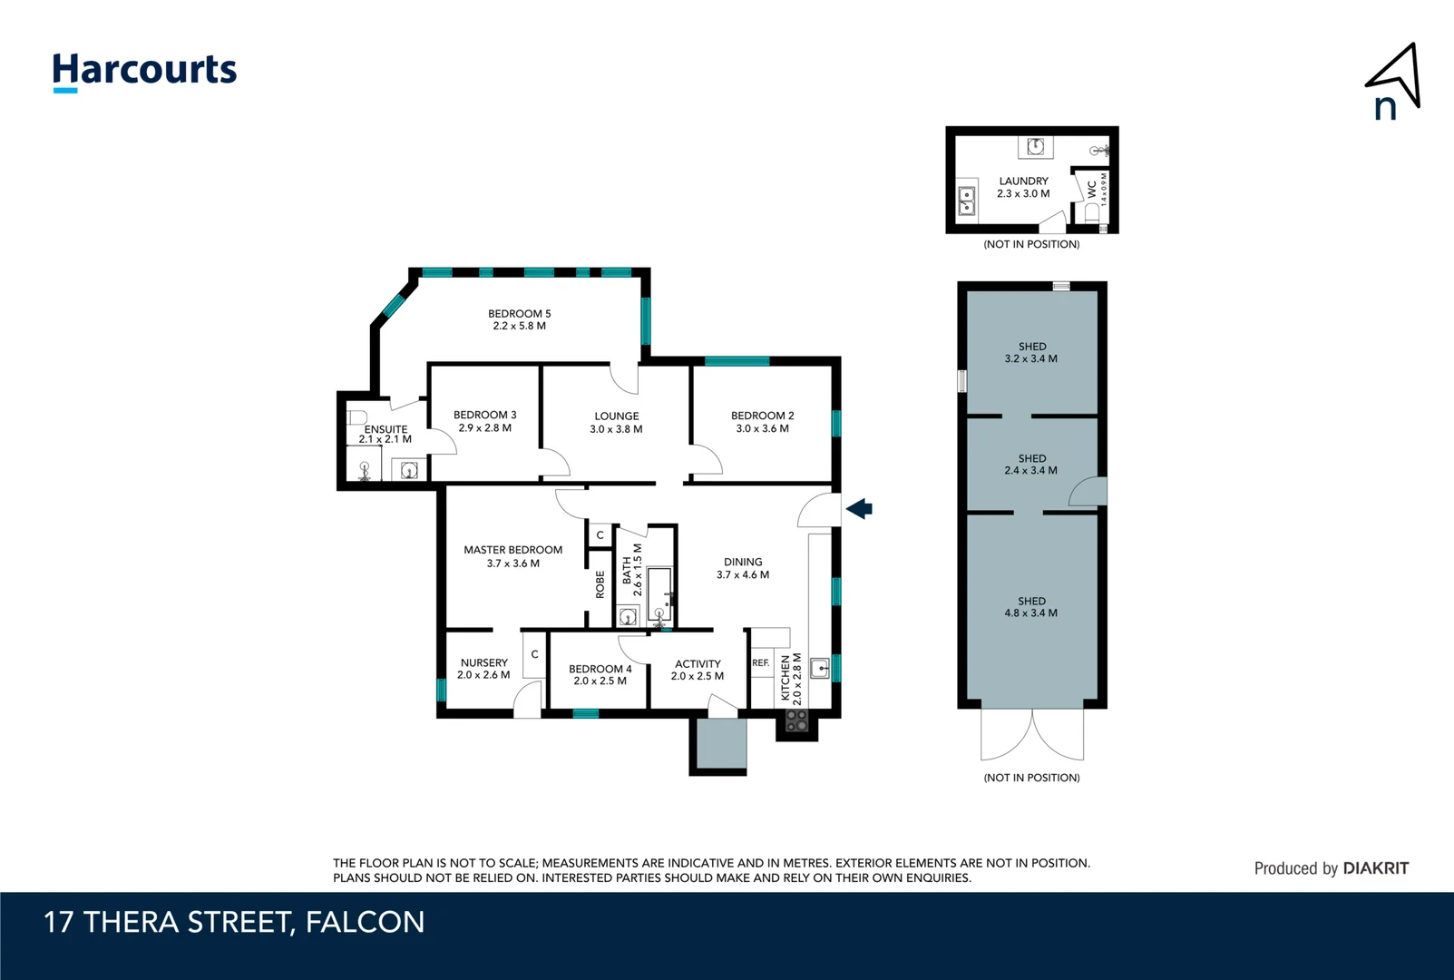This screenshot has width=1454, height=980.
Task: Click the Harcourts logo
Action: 144,71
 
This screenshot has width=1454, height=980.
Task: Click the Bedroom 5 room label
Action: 519,319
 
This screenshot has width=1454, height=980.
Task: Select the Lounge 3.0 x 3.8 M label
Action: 616,423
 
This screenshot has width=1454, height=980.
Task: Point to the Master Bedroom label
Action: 512,556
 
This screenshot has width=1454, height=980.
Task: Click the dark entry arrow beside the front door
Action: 859,509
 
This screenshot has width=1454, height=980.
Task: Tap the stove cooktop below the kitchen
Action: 796,721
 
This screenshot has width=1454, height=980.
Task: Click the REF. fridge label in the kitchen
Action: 760,663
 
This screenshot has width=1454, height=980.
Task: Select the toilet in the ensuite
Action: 357,417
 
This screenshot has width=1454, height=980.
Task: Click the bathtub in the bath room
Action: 659,593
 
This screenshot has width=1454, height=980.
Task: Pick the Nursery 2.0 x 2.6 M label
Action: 483,669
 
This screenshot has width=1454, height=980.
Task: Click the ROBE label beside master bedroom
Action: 600,583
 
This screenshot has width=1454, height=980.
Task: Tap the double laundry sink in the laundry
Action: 967,201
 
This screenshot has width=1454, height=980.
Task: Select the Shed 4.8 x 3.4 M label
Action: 1031,607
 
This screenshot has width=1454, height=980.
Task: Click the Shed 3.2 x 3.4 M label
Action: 1031,352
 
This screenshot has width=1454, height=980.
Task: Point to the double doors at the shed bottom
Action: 1032,733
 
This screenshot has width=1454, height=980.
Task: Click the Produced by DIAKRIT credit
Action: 1331,868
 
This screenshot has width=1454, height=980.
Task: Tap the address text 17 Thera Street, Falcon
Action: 234,922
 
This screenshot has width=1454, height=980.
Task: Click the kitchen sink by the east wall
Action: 820,669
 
